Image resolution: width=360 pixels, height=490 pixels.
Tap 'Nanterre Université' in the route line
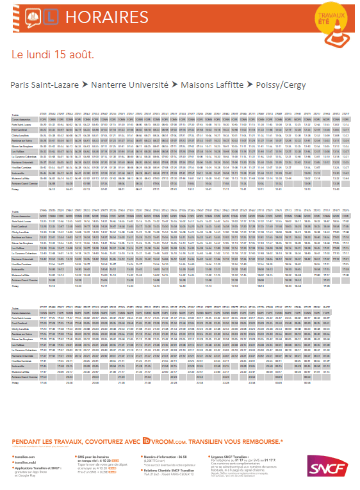[x=125, y=85]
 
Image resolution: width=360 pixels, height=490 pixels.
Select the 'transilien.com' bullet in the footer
[x=24, y=456]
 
